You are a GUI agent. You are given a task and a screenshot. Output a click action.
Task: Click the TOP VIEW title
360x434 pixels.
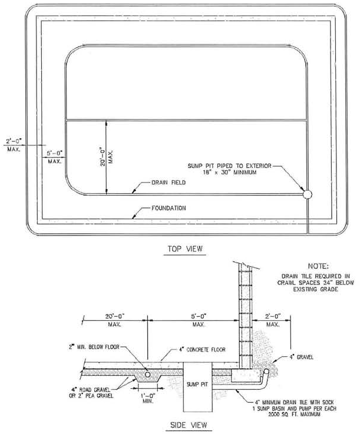[x=185, y=249]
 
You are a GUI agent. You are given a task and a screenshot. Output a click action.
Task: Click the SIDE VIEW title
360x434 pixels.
[x=189, y=425]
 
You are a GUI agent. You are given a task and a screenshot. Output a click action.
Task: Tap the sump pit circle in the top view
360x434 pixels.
[x=307, y=194]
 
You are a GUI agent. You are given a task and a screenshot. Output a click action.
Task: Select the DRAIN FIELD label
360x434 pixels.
[x=169, y=183]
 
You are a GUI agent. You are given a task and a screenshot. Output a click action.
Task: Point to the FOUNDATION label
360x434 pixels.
[x=169, y=208]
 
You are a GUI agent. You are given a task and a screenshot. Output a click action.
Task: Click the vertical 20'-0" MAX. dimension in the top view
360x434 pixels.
[x=106, y=157]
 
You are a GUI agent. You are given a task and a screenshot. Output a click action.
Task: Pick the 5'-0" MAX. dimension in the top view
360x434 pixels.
[x=55, y=157]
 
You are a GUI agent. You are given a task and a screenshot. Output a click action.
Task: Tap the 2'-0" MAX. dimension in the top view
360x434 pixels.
[x=14, y=145]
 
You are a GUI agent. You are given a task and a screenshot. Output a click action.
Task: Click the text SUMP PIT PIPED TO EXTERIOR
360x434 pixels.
[x=230, y=166]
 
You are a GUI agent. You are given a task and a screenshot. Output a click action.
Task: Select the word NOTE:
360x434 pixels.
[x=318, y=266]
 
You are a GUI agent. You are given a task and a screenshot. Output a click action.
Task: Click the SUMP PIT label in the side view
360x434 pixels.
[x=197, y=384]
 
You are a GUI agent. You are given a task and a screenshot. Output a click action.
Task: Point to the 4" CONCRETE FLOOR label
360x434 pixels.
[x=202, y=350]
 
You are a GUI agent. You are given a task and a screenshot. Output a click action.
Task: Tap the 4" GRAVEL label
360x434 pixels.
[x=302, y=357]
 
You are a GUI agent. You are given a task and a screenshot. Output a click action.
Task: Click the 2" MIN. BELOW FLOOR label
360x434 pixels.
[x=94, y=347]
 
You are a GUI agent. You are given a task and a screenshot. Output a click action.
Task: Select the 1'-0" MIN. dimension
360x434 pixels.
[x=148, y=397]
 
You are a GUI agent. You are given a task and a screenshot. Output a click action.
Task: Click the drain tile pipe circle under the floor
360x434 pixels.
[x=148, y=375]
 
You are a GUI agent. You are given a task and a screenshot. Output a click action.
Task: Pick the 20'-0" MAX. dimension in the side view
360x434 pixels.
[x=115, y=320]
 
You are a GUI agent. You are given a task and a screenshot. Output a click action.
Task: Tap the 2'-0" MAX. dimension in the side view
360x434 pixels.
[x=273, y=320]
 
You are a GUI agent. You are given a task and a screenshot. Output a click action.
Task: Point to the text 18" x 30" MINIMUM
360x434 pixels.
[x=230, y=173]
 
